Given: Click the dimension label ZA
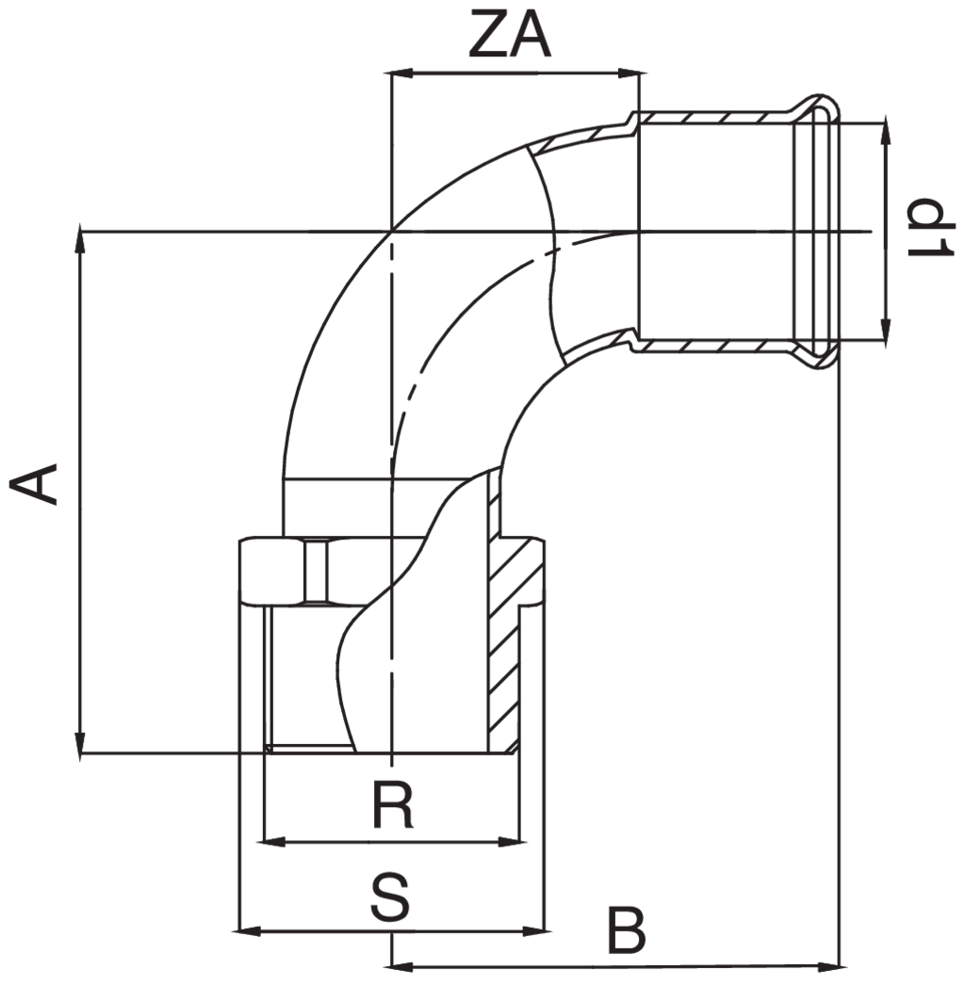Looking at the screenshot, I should (x=508, y=39).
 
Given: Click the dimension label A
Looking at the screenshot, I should (x=35, y=483).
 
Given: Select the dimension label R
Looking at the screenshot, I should (x=392, y=807).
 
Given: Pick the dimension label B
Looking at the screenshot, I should (x=626, y=931).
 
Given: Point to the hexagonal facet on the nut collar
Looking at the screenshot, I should (x=318, y=571).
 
